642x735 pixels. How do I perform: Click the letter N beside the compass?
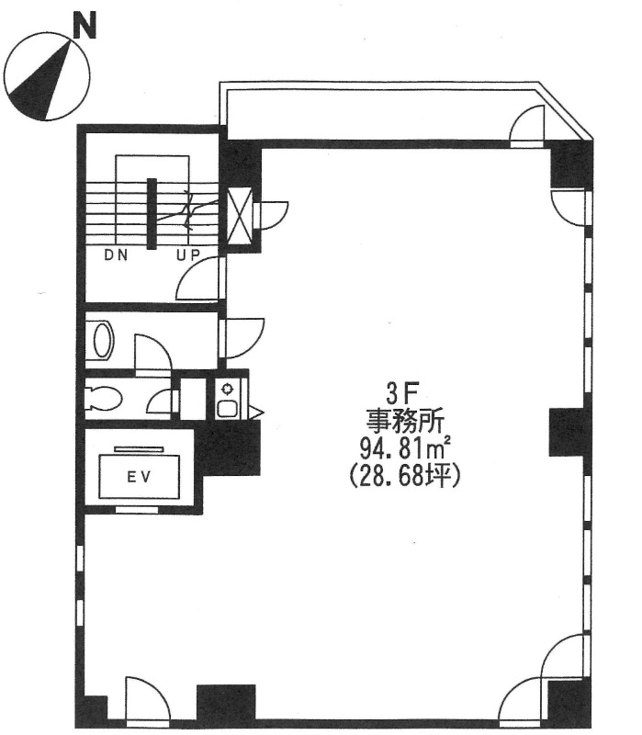tap(84, 25)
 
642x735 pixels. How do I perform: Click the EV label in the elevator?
tap(140, 477)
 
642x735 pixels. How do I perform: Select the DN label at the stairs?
tap(117, 255)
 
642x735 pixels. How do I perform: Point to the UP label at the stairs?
tap(188, 255)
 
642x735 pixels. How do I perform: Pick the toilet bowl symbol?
tap(104, 399)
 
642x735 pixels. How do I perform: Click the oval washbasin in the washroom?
tap(104, 340)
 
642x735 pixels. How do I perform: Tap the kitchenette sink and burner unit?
tap(228, 399)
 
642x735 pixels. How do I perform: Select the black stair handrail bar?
tap(152, 214)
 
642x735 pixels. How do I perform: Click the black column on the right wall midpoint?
tap(567, 432)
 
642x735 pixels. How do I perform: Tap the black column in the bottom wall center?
tap(226, 703)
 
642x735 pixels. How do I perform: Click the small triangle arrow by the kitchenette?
tap(257, 413)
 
